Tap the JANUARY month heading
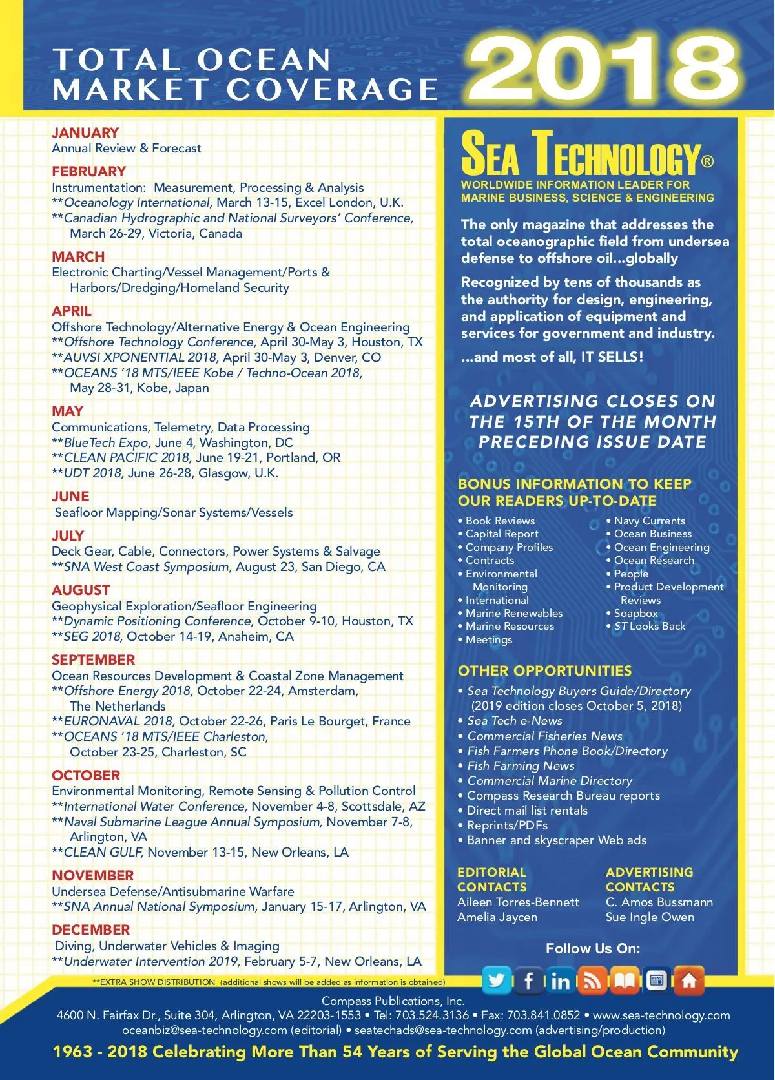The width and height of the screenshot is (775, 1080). [85, 132]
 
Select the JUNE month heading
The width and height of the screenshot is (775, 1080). [70, 496]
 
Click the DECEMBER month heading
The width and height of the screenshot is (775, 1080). [91, 929]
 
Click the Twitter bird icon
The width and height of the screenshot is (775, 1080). [497, 981]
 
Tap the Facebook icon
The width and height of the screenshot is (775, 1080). [529, 981]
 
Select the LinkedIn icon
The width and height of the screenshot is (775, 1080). [560, 981]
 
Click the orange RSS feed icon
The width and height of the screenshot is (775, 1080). [592, 981]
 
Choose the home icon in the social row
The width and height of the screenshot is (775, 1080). [688, 981]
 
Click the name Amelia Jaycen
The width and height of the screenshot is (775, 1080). [497, 917]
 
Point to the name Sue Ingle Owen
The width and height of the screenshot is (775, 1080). [650, 917]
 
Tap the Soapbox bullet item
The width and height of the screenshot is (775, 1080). [635, 613]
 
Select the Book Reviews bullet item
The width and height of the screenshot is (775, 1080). [500, 521]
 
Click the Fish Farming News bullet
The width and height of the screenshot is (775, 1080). [521, 766]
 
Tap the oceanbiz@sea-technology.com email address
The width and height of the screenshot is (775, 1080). [205, 1030]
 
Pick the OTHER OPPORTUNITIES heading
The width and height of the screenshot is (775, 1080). [545, 670]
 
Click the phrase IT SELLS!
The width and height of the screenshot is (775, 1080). [612, 357]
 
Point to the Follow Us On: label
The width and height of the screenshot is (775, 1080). [593, 948]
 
